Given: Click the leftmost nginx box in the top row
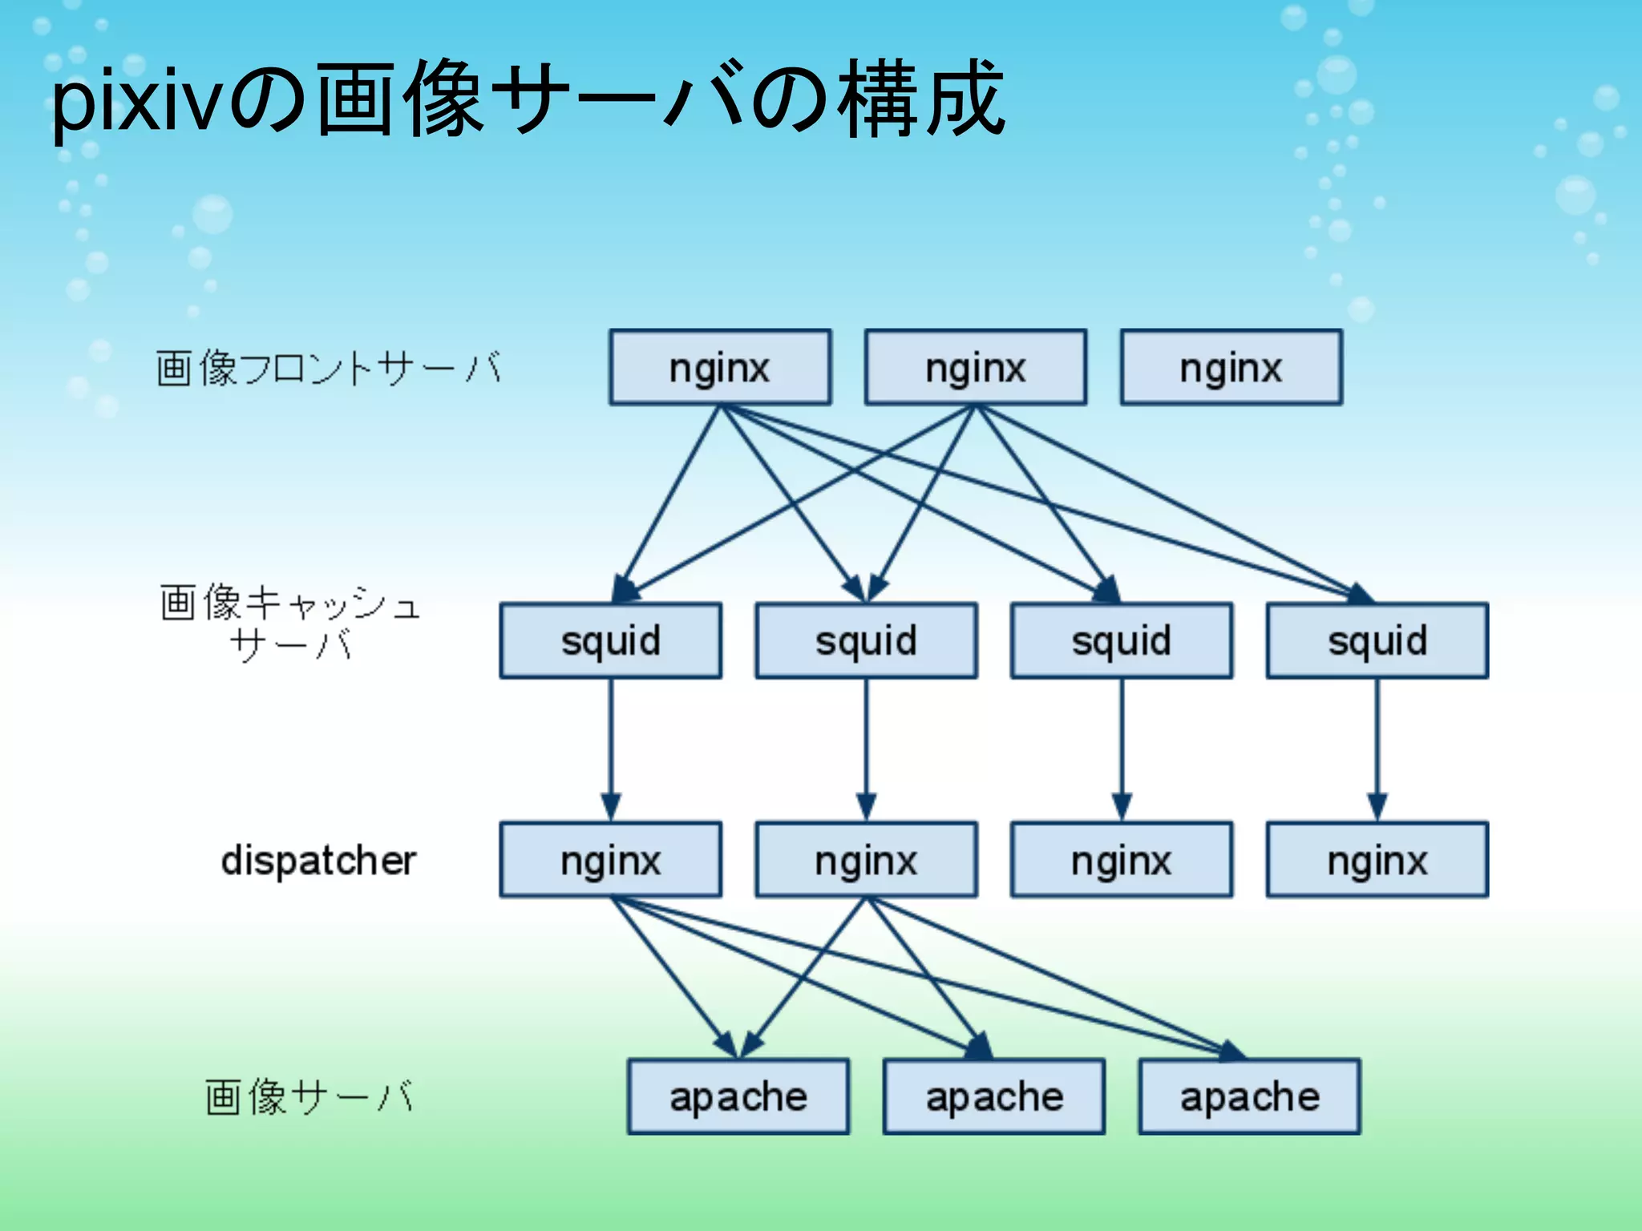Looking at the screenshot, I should (719, 368).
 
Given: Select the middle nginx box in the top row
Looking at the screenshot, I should (975, 368).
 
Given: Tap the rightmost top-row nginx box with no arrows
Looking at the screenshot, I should (1231, 368).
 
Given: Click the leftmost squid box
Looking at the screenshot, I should (610, 641).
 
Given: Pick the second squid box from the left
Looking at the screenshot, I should (866, 641).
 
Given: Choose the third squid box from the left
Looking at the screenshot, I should (1122, 641).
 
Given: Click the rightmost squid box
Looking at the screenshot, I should (1377, 641).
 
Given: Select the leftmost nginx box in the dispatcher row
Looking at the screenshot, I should (610, 860).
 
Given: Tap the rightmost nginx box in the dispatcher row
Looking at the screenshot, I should (1377, 860).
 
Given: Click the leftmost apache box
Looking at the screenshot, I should (738, 1096).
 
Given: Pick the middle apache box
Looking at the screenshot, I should (994, 1096).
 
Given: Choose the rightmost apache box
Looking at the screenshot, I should (1249, 1096).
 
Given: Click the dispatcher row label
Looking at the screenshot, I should (318, 861).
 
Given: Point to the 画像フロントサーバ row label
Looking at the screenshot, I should (328, 369).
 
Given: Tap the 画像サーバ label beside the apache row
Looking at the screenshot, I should (309, 1096).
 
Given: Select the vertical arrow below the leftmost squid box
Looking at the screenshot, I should (611, 749).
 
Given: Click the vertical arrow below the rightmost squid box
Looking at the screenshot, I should (1377, 749).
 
